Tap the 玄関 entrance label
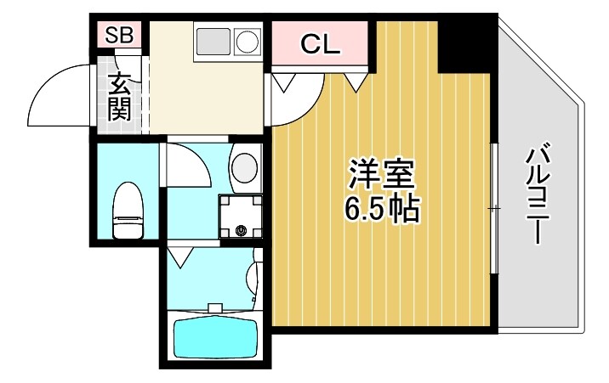(x=118, y=96)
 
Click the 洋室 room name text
(x=381, y=176)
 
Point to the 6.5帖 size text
(x=382, y=209)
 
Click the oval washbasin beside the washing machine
(x=244, y=166)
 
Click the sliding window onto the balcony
(x=494, y=208)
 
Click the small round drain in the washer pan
(x=241, y=230)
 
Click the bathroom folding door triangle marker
(x=179, y=254)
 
